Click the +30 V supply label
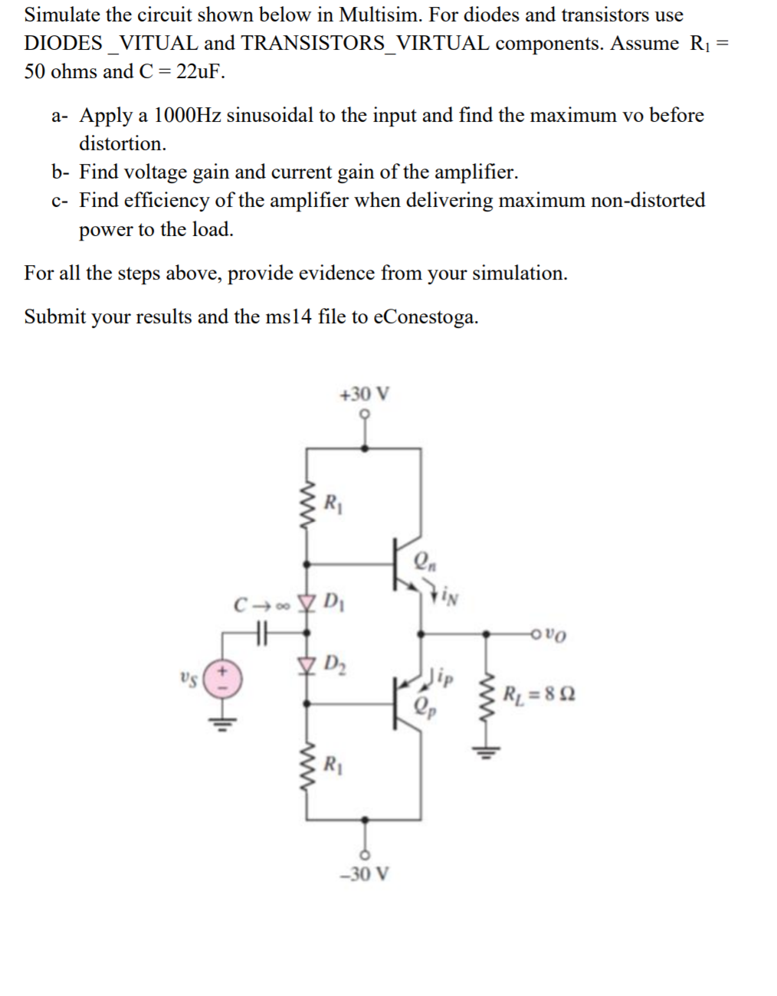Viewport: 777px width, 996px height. (x=364, y=395)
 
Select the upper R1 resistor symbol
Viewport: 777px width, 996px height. (x=308, y=503)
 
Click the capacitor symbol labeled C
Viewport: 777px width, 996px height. (x=262, y=634)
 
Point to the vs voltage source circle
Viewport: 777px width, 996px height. (x=223, y=679)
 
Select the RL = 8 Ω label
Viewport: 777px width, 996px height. (x=539, y=695)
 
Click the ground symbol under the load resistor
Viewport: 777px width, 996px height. (x=484, y=751)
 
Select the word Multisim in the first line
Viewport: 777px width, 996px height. (x=379, y=15)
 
